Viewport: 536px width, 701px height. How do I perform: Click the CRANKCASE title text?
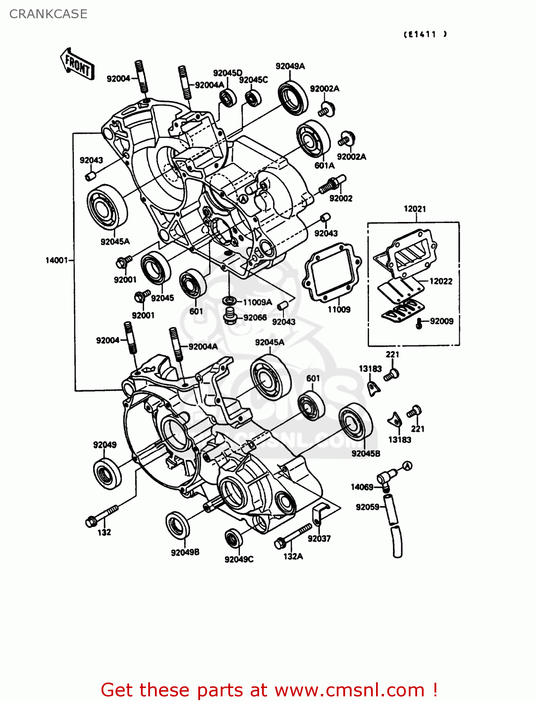click(48, 14)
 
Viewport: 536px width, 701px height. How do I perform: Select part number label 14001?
click(57, 260)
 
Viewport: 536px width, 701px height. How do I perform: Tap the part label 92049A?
click(290, 66)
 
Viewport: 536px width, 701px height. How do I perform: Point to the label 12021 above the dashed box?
click(415, 209)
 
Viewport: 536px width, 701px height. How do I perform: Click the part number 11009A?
click(257, 302)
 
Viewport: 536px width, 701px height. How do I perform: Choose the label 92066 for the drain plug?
click(255, 318)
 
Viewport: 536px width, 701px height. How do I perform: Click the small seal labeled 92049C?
click(233, 539)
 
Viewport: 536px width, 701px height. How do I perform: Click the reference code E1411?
click(425, 34)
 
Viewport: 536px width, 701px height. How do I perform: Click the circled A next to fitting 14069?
click(407, 466)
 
